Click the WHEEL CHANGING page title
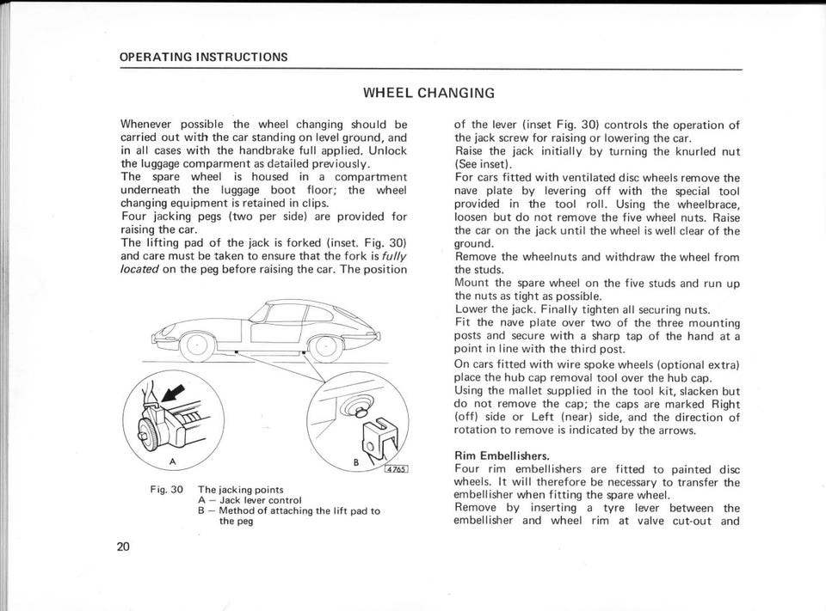428,93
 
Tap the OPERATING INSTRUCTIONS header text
204,58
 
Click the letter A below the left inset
173,462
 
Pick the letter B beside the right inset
356,462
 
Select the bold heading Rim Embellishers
501,455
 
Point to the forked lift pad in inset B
375,436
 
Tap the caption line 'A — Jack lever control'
250,500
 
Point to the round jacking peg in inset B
352,401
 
